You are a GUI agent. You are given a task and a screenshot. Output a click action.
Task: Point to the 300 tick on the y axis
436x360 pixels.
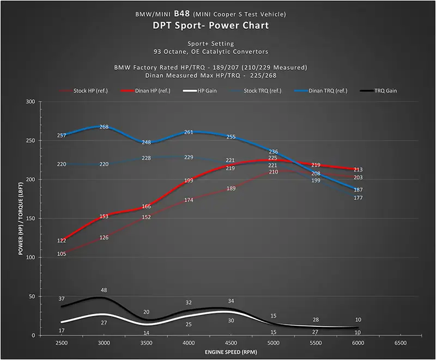[x=30, y=102]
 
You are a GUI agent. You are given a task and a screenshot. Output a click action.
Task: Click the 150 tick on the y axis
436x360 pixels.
[x=30, y=218]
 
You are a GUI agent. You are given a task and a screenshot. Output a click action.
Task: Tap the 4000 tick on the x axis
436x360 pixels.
[x=189, y=344]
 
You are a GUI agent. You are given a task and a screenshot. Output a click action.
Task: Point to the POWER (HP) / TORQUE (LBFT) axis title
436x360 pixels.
[x=21, y=218]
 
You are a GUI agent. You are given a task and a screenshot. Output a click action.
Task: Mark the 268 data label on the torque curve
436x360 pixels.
[x=104, y=127]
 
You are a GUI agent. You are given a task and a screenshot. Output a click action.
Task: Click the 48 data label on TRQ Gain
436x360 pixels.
[x=104, y=290]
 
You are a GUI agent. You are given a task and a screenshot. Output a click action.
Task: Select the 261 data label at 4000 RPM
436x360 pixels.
[x=189, y=132]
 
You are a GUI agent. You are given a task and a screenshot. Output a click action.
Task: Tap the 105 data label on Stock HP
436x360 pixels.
[x=62, y=254]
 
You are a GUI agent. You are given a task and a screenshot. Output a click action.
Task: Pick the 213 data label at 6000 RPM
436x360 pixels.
[x=358, y=170]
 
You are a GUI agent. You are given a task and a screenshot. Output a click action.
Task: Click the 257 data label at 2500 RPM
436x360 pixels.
[x=62, y=135]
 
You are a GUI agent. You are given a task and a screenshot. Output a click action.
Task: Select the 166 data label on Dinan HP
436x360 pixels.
[x=146, y=206]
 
